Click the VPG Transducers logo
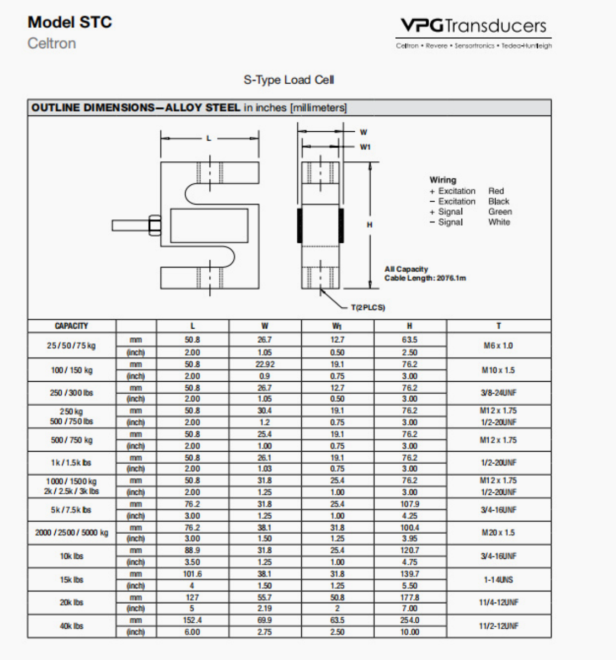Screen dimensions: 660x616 tap(473, 26)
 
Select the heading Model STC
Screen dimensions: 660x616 tap(69, 22)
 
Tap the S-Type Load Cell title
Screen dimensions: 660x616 tap(289, 80)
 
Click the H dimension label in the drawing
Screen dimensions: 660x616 tap(369, 225)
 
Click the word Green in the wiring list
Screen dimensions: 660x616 tap(500, 212)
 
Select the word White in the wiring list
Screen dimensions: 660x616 tap(498, 222)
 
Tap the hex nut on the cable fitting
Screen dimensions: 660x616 tap(154, 225)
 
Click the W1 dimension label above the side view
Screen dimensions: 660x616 tap(365, 147)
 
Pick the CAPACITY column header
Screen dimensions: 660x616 tap(72, 326)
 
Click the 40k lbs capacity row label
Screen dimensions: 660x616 tap(72, 626)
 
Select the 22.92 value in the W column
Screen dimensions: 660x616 tap(265, 364)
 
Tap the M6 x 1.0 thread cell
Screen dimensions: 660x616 tap(497, 346)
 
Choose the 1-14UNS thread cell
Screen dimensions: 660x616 tap(498, 580)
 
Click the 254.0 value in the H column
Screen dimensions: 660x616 tap(409, 620)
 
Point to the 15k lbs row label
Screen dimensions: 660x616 tap(72, 580)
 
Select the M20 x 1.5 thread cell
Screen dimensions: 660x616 tap(498, 533)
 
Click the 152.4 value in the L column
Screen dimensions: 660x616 tap(192, 620)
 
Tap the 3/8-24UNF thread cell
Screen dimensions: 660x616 tap(498, 393)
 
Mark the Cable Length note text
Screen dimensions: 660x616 tap(425, 278)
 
